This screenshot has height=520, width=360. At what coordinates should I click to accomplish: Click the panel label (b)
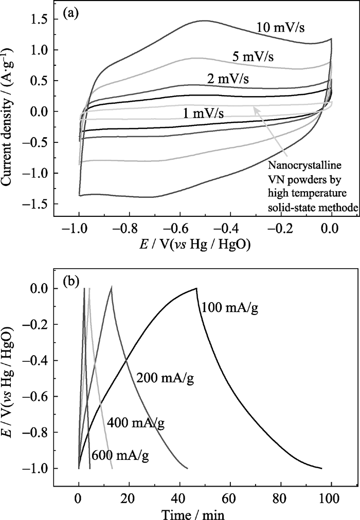pos(70,282)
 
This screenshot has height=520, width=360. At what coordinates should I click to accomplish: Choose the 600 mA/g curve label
pos(118,455)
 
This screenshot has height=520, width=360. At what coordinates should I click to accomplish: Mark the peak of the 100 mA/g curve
pos(196,288)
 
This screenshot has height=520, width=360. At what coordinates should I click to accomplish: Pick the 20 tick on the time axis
pos(129,498)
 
